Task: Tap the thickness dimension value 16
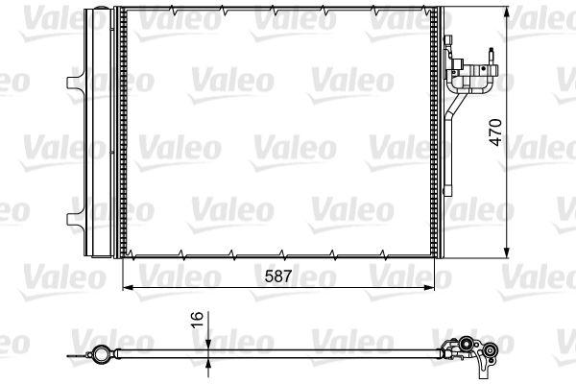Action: [196, 320]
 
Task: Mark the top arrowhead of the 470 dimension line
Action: [507, 11]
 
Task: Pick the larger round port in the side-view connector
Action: [465, 342]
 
